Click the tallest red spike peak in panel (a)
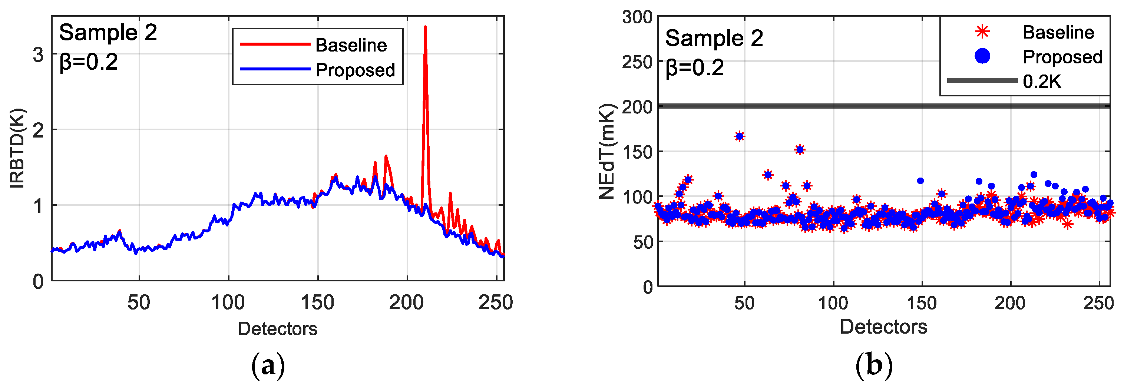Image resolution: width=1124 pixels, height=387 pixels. [x=425, y=27]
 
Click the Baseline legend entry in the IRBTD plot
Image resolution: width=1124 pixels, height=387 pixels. [x=351, y=45]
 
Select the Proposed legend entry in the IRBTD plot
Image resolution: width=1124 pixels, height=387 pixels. [x=355, y=70]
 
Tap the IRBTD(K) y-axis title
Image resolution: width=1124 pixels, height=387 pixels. [x=17, y=148]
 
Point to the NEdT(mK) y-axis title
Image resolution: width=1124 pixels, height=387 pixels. [x=607, y=151]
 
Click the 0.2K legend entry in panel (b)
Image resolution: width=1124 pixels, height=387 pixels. [x=1042, y=82]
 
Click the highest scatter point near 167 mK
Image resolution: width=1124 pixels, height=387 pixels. [x=739, y=136]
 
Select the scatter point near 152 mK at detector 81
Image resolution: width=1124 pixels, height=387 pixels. [x=799, y=150]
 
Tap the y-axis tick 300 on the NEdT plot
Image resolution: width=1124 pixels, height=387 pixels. [x=637, y=17]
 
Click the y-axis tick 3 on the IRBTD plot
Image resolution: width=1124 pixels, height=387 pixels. [x=39, y=54]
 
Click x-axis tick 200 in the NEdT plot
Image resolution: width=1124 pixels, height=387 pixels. [x=1010, y=303]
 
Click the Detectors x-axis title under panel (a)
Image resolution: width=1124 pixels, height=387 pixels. [x=278, y=328]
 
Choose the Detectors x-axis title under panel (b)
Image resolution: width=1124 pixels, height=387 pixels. [x=883, y=327]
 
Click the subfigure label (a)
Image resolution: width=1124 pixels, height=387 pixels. [x=268, y=365]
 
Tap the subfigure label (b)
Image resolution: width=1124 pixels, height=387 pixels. [x=873, y=365]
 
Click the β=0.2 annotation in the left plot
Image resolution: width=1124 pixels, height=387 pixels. [x=89, y=62]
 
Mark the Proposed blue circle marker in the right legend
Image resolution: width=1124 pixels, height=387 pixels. [x=982, y=56]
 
